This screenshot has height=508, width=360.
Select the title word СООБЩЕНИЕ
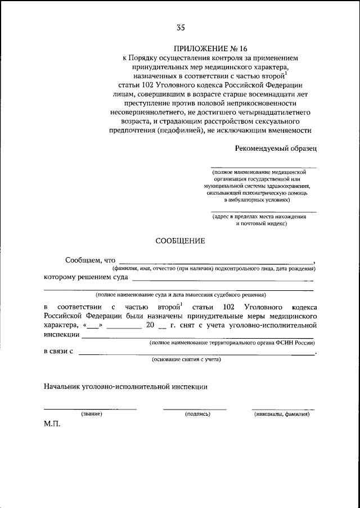[x=180, y=241]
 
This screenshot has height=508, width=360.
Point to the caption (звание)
[x=91, y=414]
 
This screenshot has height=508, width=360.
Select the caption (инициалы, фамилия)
[x=282, y=414]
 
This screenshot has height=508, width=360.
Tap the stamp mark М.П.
[x=52, y=425]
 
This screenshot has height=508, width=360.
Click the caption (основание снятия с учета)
[x=186, y=359]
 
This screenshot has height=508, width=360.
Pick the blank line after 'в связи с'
[x=197, y=353]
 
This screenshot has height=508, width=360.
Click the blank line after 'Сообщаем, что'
[x=216, y=263]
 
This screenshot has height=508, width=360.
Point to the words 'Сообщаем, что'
[x=90, y=260]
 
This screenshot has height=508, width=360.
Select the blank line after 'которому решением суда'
[x=223, y=280]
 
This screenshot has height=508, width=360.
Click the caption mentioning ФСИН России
[x=231, y=343]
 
